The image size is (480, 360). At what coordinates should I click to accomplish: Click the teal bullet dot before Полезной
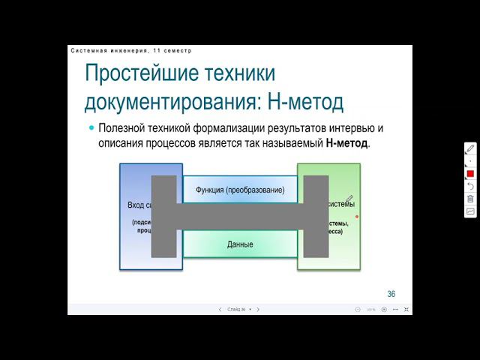[91, 127]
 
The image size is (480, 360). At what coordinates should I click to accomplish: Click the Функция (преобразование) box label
[240, 190]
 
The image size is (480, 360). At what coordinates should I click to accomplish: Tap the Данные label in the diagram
[240, 244]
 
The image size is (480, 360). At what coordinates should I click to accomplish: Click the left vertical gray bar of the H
[163, 216]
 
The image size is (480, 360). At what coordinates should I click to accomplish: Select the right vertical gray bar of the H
[316, 216]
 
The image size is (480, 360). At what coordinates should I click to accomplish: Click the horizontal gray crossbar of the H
[240, 217]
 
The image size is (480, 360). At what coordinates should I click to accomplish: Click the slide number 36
[391, 293]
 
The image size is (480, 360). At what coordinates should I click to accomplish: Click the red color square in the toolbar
[470, 173]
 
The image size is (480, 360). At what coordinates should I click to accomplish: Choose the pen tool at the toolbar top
[470, 148]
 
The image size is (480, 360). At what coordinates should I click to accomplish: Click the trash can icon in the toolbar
[470, 199]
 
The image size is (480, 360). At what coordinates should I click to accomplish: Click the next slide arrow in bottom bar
[258, 309]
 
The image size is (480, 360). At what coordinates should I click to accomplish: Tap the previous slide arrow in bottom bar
[220, 309]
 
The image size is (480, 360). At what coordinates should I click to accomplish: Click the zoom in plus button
[384, 309]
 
